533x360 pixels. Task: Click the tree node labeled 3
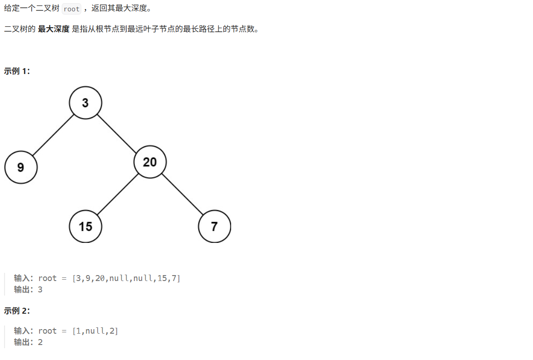point(85,103)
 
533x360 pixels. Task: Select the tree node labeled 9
point(21,168)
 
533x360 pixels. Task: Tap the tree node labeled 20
point(150,162)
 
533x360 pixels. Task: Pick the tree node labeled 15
point(85,226)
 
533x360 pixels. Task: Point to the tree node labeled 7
point(214,226)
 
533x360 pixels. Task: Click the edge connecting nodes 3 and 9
point(53,135)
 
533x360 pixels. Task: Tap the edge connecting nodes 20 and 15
point(118,194)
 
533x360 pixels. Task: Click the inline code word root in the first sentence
point(71,9)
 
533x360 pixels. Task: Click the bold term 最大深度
point(54,30)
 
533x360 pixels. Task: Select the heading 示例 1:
point(17,71)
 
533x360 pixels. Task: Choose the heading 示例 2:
point(17,311)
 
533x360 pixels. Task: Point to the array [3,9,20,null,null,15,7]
point(126,278)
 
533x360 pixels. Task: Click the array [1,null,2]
point(95,331)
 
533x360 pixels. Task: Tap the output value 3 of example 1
point(40,290)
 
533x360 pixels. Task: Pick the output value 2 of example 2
point(40,342)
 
